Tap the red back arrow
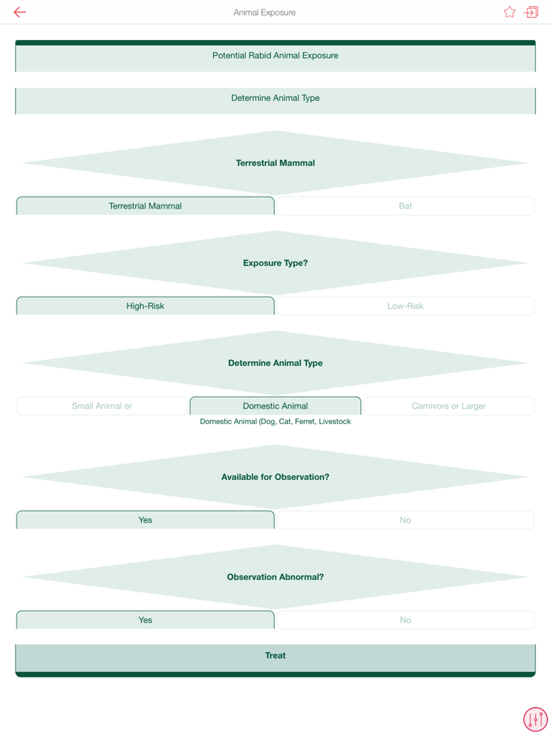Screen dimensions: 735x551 tap(20, 13)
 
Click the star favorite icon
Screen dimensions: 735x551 tap(509, 13)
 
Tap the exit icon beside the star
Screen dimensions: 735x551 tap(531, 13)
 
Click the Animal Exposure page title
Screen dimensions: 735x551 tap(264, 13)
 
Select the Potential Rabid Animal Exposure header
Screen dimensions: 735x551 tap(275, 56)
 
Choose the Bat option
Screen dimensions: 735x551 tap(405, 206)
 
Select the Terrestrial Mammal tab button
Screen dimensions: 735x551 tap(145, 206)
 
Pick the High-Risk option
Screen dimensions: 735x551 tap(145, 306)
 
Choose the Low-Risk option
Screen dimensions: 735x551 tap(405, 306)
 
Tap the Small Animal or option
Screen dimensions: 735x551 tap(102, 406)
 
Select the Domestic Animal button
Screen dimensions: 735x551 tap(275, 406)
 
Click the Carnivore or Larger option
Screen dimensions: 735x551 tap(449, 406)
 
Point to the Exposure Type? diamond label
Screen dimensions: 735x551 tap(275, 263)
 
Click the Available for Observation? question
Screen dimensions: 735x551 tap(275, 477)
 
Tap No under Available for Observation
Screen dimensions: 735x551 tap(405, 520)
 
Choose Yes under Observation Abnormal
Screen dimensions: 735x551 tap(145, 620)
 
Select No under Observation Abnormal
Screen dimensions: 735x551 tap(405, 620)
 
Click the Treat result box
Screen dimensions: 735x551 tap(275, 656)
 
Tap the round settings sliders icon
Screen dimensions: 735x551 tap(535, 719)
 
